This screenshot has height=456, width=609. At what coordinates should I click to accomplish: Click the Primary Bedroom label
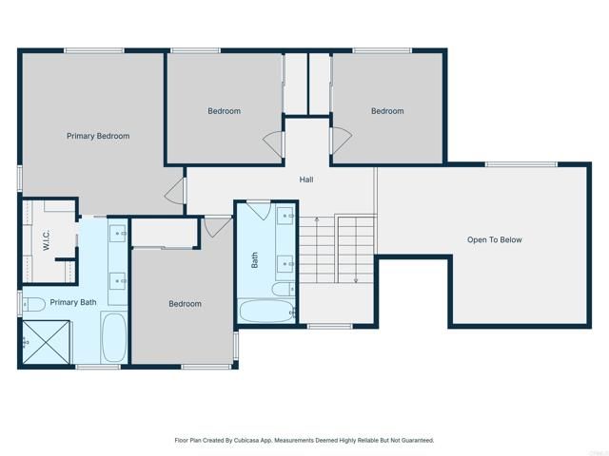click(98, 136)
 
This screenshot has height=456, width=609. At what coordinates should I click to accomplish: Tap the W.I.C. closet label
click(46, 240)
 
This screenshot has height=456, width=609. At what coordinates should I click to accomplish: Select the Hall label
click(306, 179)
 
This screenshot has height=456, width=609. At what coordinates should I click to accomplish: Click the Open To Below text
click(494, 239)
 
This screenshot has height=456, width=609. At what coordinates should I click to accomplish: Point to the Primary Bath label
click(73, 303)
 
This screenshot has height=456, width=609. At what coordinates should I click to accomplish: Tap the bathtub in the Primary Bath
click(113, 338)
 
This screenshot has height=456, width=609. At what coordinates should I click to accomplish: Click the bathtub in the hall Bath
click(265, 310)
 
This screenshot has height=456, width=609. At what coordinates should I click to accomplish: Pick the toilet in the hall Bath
click(283, 289)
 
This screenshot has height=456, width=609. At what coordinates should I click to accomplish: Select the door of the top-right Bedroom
click(340, 139)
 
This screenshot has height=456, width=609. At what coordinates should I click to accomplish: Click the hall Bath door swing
click(258, 210)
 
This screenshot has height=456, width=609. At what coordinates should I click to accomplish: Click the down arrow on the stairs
click(354, 279)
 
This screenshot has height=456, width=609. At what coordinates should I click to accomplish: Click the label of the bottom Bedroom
click(185, 304)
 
